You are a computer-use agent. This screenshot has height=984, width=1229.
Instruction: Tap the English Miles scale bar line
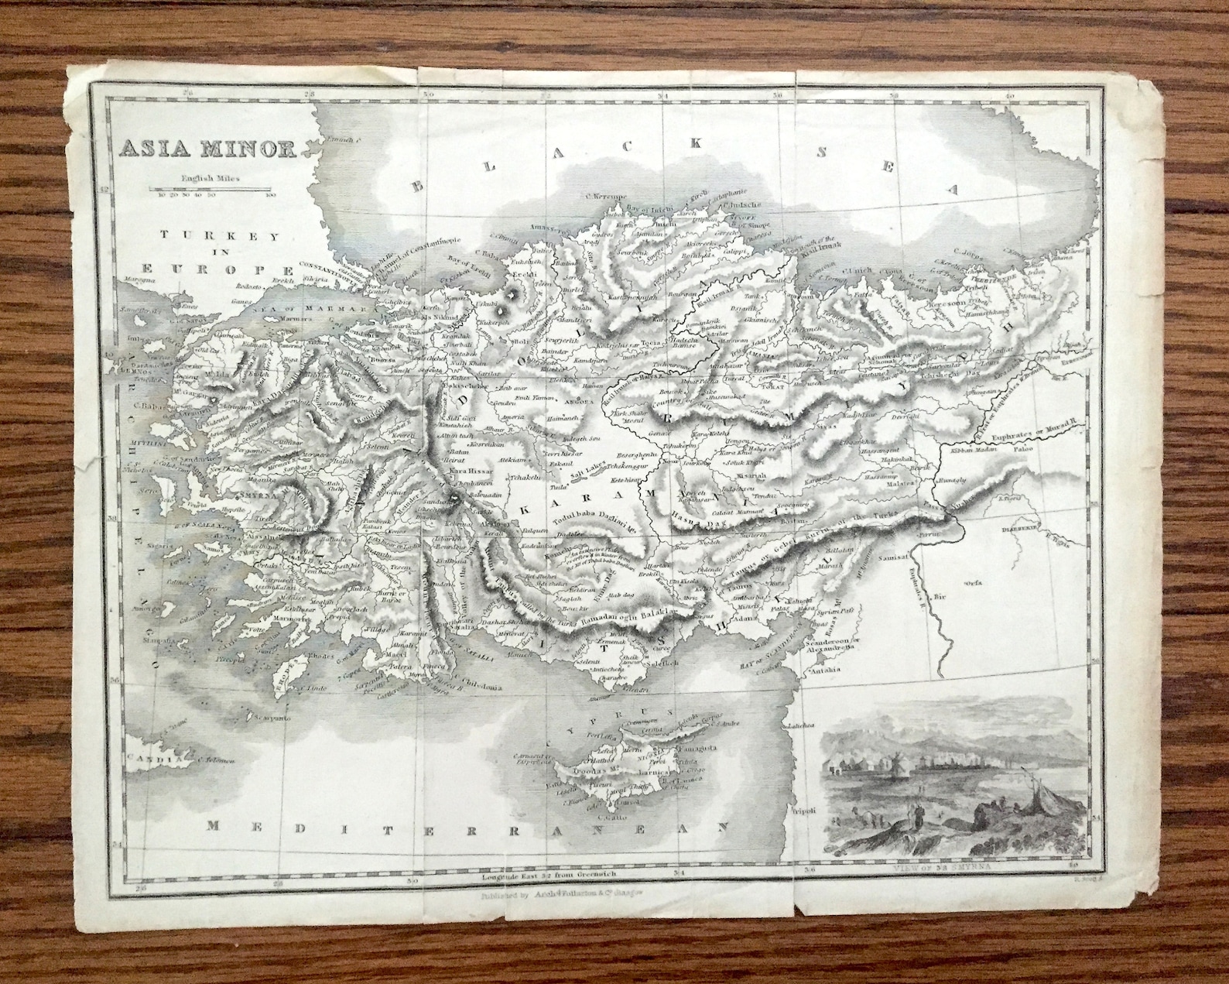[210, 188]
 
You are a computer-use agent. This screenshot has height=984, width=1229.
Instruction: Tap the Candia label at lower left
[152, 762]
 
